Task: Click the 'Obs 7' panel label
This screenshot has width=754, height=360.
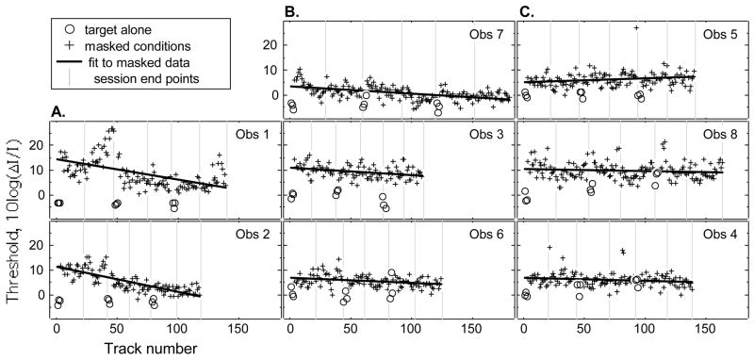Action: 486,34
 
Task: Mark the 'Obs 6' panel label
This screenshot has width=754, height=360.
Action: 486,231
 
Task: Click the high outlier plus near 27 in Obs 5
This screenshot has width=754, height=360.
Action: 637,28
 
